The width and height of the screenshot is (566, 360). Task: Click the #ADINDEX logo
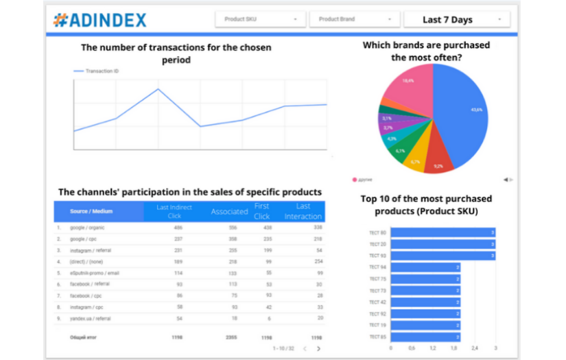pos(100,20)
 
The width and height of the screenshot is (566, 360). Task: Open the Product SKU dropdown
pos(260,19)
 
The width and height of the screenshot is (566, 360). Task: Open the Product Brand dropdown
pos(354,19)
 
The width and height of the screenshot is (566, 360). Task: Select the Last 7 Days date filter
pos(456,19)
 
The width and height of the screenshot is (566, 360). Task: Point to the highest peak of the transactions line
pos(158,89)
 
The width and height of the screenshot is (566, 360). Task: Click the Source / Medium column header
pos(91,211)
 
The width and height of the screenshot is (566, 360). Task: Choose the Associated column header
pos(229,212)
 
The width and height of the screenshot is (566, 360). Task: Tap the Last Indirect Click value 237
pos(178,239)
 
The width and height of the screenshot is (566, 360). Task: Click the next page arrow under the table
pos(318,348)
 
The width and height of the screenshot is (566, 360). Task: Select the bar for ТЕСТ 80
pos(443,232)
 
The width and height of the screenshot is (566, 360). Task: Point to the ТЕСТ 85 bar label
pos(377,337)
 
